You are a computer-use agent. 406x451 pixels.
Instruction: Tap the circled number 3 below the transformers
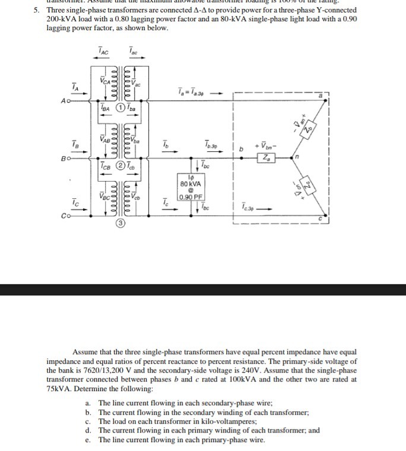[120, 225]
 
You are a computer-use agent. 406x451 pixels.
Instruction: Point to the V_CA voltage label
[104, 81]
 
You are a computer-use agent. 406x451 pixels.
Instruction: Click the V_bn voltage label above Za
[265, 144]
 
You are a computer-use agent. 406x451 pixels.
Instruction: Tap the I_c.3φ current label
[249, 207]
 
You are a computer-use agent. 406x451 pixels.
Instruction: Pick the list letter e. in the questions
[88, 440]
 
